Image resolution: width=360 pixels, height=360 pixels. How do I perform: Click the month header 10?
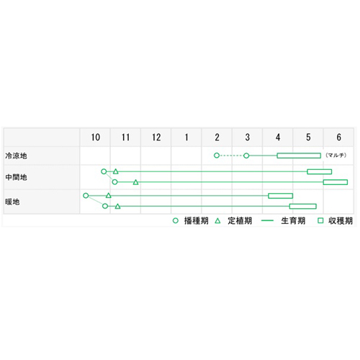(96, 138)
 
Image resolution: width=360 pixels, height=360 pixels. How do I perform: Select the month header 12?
(156, 138)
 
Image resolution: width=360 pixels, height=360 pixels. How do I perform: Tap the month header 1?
(186, 138)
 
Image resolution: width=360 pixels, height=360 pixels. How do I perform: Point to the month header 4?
(278, 138)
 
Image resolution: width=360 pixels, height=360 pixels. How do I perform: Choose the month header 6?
(338, 138)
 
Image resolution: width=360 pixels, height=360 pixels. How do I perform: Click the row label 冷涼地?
(16, 156)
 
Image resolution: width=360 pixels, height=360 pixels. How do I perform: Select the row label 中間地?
(16, 177)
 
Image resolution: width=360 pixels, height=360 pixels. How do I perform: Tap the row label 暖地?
(12, 202)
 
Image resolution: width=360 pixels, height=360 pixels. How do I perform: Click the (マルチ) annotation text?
(336, 156)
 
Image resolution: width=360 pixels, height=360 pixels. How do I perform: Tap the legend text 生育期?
(293, 221)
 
